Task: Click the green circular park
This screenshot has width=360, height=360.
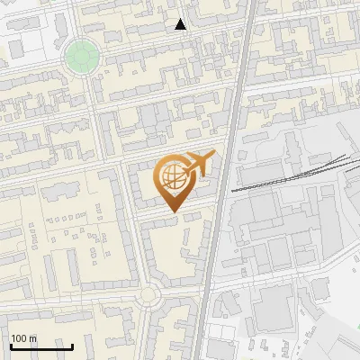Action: [81, 56]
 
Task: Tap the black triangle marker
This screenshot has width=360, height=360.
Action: [181, 24]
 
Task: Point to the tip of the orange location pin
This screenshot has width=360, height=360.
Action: [173, 213]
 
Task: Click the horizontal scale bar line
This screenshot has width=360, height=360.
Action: [41, 346]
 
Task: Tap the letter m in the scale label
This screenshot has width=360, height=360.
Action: [33, 338]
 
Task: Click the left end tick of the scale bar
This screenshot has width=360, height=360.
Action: [11, 346]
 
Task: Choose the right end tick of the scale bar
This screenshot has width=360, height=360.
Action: [72, 346]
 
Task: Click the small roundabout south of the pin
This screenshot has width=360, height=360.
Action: [149, 294]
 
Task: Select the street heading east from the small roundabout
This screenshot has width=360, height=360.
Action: [180, 285]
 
